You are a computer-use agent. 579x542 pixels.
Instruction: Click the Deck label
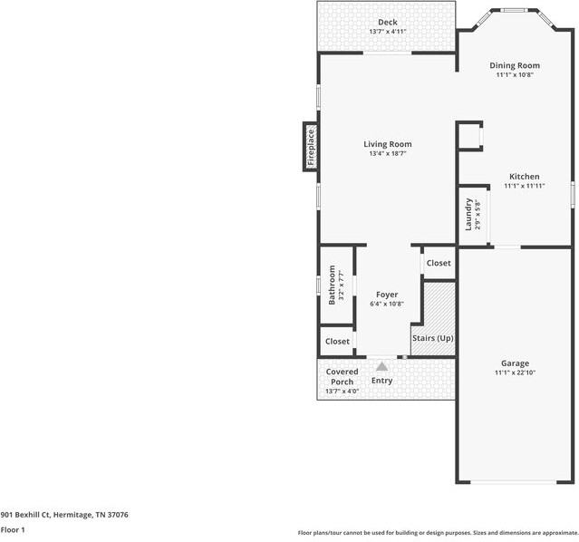click(x=388, y=23)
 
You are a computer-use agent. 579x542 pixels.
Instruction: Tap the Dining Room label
click(x=515, y=65)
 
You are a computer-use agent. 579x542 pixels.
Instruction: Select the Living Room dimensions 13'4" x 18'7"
click(x=387, y=154)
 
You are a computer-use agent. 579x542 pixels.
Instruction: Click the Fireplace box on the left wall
click(x=310, y=147)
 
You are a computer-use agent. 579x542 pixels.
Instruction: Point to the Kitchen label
click(x=524, y=177)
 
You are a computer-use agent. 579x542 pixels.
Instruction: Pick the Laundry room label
click(x=469, y=214)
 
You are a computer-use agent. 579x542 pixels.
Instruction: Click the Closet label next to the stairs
click(x=439, y=263)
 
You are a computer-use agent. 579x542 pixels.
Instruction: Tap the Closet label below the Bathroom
click(x=337, y=342)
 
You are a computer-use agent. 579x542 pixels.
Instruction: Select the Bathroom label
click(x=333, y=284)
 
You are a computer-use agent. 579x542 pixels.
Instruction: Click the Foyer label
click(x=387, y=295)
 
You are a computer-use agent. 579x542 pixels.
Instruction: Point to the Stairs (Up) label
click(x=432, y=338)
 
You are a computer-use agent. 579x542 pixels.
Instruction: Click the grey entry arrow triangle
click(x=381, y=366)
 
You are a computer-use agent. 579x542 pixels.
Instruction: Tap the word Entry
click(x=381, y=381)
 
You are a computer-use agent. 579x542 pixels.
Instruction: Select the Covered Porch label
click(x=342, y=376)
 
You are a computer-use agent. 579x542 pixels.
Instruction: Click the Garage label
click(x=515, y=363)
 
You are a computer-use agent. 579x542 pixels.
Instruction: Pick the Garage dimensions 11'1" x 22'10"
click(x=515, y=373)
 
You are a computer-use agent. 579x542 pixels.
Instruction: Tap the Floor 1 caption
click(x=13, y=529)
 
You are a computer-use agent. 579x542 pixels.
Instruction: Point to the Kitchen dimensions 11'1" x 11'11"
click(x=524, y=186)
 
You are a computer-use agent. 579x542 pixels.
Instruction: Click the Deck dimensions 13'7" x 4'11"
click(x=388, y=32)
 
